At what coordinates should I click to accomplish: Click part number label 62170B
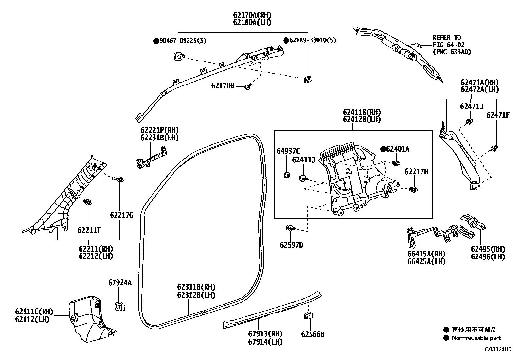tap(223, 86)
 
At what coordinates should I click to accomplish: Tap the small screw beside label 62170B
tap(248, 86)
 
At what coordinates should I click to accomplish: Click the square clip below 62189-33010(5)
tap(307, 79)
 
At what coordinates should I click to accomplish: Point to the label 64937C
tap(288, 151)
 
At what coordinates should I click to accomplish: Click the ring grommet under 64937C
tap(287, 174)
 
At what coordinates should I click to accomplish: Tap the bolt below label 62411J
tap(303, 179)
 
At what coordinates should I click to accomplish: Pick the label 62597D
tap(291, 245)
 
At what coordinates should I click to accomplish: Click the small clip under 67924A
tap(120, 306)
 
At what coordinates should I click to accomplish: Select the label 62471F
tap(498, 115)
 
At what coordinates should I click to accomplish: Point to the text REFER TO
tap(446, 38)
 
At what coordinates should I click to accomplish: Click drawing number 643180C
tap(497, 349)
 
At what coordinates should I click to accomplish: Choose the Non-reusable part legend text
tap(476, 338)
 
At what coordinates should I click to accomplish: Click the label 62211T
tap(89, 230)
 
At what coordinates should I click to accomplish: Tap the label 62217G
tap(122, 215)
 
